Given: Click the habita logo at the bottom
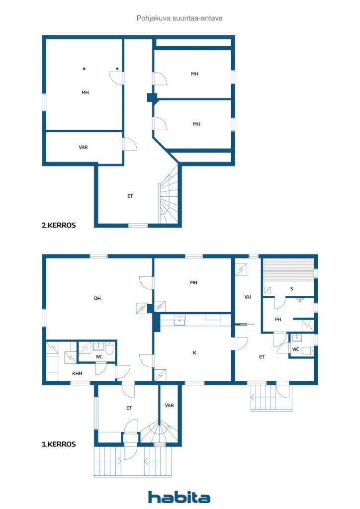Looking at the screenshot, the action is [x=179, y=497].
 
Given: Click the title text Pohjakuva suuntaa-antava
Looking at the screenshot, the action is [x=179, y=18].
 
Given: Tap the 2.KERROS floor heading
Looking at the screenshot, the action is [x=59, y=225].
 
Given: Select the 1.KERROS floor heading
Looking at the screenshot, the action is [x=59, y=444].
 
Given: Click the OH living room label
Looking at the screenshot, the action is [x=97, y=298].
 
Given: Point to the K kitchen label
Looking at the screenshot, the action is [x=194, y=352].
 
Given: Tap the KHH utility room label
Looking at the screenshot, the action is [x=77, y=373].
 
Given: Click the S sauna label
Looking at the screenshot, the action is [x=291, y=289].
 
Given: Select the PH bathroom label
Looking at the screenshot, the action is [x=278, y=320].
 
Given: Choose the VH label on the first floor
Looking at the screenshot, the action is [x=248, y=297].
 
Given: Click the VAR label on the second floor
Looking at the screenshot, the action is [x=83, y=147].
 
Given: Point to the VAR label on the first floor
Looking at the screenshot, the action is [x=170, y=405].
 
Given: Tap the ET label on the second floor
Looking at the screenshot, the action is [x=130, y=196].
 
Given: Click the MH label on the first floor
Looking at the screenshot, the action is [x=193, y=282].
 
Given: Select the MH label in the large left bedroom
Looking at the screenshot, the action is [x=85, y=92].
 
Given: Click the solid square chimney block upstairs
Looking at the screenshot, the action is [x=152, y=98].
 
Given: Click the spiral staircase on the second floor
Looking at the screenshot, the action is [x=169, y=195].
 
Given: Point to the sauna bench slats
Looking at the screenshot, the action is [x=288, y=270].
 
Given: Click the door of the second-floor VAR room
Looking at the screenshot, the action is [x=129, y=145].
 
